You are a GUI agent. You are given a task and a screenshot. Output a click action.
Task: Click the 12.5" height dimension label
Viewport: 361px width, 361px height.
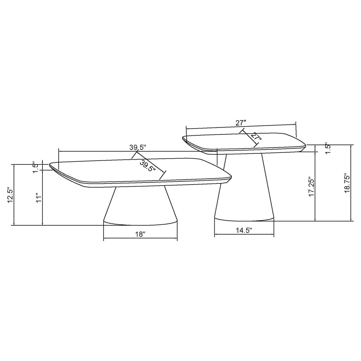click(x=10, y=195)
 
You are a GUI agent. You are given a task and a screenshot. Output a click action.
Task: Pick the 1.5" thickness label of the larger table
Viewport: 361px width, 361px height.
click(x=36, y=167)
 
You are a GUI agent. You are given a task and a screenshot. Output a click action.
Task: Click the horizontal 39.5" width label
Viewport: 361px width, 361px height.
click(x=137, y=147)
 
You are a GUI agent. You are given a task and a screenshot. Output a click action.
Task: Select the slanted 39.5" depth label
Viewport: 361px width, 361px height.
click(x=148, y=166)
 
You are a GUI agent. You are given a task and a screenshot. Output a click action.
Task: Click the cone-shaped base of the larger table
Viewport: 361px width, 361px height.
click(x=140, y=205)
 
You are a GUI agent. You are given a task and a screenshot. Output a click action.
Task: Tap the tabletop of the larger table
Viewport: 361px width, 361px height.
click(x=113, y=171)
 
